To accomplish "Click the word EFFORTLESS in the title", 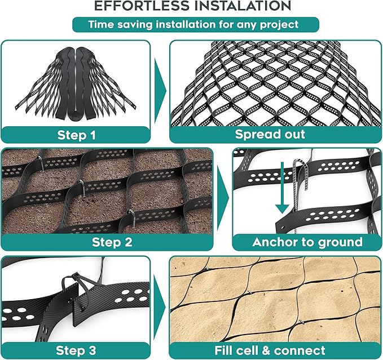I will point(144,7).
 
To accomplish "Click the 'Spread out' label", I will point(270,135).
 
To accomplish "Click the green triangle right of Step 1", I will point(160,90).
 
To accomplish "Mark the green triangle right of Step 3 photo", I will point(160,307).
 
